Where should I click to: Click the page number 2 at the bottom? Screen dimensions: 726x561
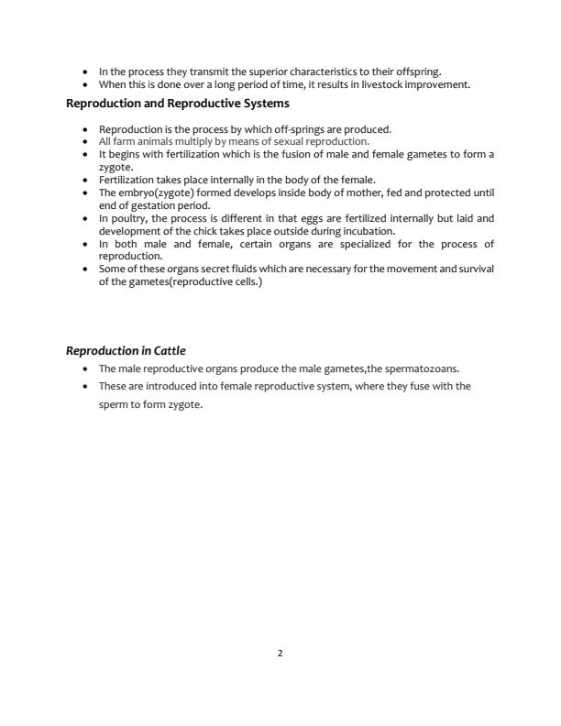pyautogui.click(x=280, y=654)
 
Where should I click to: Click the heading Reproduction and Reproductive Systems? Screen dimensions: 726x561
pyautogui.click(x=178, y=104)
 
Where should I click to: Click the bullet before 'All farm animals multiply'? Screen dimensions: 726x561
pyautogui.click(x=86, y=142)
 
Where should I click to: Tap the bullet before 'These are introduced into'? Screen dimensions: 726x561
pyautogui.click(x=86, y=387)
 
